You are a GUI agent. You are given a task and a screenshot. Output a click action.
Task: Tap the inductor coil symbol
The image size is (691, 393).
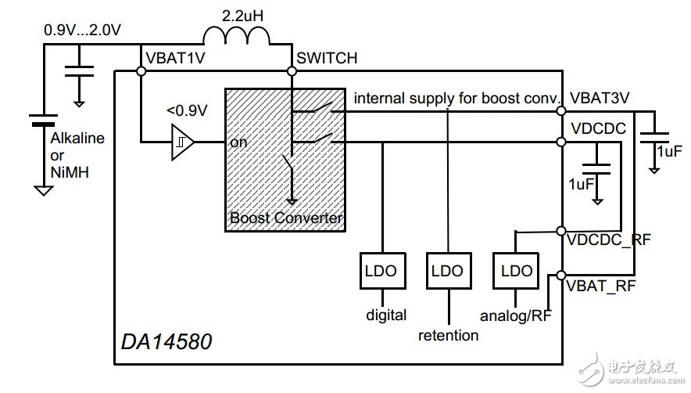(236, 37)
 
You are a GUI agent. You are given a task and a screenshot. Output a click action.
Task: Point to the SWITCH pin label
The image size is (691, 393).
(327, 58)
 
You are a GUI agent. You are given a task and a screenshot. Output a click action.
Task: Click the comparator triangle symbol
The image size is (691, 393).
(182, 143)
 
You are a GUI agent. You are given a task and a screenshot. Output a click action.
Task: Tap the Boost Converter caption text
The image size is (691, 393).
(286, 218)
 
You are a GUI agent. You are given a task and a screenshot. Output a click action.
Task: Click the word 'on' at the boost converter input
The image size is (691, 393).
(238, 143)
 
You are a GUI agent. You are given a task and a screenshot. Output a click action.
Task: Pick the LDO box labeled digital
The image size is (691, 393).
(381, 271)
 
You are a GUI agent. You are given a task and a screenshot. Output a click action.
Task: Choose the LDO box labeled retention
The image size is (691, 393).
(447, 271)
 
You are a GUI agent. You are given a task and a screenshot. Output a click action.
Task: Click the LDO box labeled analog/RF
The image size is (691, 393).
(515, 271)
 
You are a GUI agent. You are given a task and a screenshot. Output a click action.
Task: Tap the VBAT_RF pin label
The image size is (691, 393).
(603, 286)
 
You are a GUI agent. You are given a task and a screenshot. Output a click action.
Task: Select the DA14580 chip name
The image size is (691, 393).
(166, 341)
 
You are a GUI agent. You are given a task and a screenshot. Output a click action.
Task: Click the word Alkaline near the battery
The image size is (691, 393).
(77, 139)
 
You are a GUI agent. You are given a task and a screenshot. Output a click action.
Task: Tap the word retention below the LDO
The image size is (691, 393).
(448, 335)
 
